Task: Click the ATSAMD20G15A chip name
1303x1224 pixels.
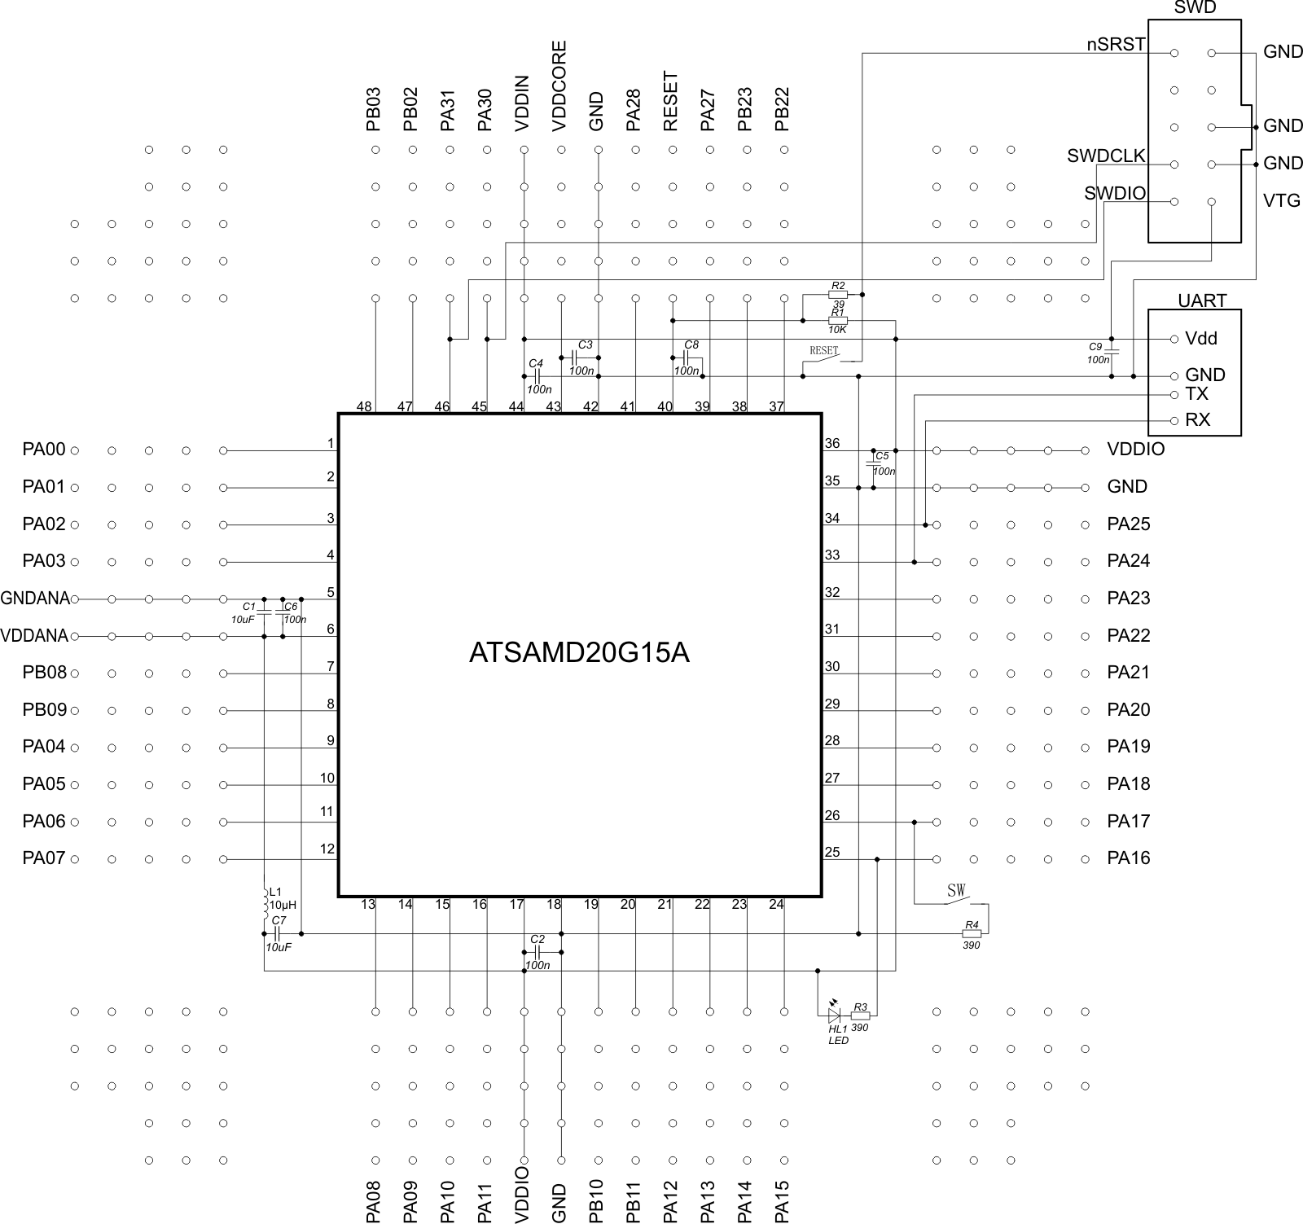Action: (x=579, y=653)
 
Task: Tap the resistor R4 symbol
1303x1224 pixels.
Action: (x=971, y=933)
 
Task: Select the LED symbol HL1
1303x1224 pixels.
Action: (x=834, y=1016)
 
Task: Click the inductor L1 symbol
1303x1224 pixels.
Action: (x=265, y=902)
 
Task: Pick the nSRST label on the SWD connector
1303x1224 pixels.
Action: (x=1116, y=45)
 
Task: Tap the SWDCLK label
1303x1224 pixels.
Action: (x=1106, y=156)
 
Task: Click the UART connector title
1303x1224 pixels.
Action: (x=1201, y=301)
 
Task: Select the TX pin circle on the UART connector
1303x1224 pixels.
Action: (x=1174, y=395)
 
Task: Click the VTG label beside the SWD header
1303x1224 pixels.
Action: (x=1281, y=200)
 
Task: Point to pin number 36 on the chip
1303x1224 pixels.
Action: (x=831, y=444)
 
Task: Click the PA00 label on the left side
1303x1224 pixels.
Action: (x=43, y=450)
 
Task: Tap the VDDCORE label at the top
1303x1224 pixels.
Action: (x=559, y=86)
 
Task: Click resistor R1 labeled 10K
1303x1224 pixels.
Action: (x=837, y=321)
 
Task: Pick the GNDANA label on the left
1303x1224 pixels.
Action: (x=35, y=599)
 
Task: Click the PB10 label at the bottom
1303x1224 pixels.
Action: (x=596, y=1200)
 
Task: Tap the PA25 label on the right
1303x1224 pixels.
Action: (x=1128, y=524)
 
